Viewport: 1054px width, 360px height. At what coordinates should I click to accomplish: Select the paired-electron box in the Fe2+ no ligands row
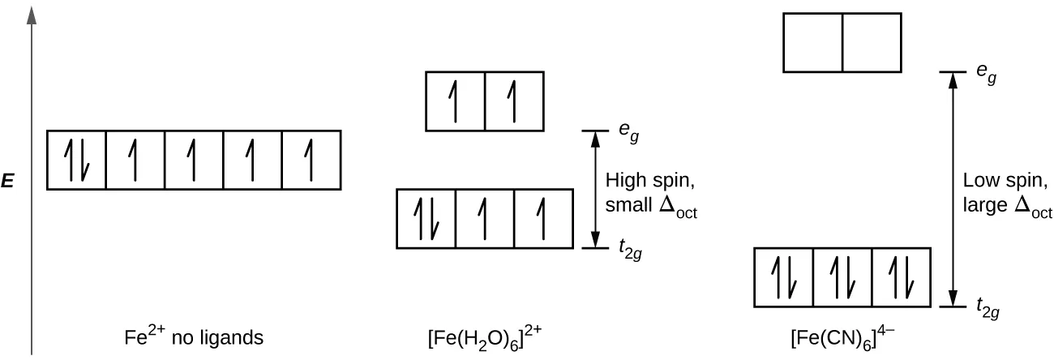[76, 160]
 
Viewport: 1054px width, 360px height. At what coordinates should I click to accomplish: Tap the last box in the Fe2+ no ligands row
[311, 160]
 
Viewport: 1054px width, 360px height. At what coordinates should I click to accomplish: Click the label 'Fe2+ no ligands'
[195, 337]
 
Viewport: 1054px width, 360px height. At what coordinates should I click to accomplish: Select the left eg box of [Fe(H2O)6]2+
[456, 101]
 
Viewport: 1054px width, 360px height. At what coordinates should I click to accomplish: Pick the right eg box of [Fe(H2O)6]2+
[514, 101]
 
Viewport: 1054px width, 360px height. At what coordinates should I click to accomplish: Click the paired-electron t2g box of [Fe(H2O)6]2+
[426, 218]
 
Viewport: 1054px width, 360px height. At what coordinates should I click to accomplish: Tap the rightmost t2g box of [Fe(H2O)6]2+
[543, 218]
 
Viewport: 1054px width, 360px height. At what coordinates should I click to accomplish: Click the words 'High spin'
[646, 179]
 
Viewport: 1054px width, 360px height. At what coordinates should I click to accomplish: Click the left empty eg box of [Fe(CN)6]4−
[813, 42]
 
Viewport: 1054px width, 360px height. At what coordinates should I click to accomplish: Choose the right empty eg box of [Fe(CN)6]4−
[872, 42]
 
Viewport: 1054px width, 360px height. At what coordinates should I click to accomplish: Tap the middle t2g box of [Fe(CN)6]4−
[842, 278]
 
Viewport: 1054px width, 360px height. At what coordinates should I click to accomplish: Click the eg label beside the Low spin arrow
[986, 76]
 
